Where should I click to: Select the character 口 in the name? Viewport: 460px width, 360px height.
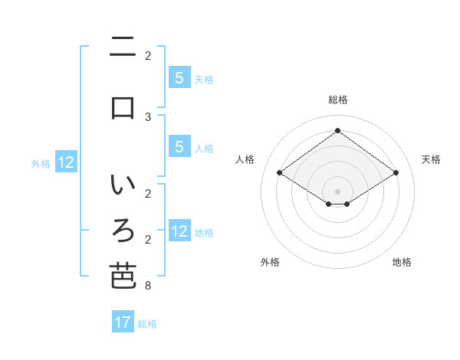click(123, 107)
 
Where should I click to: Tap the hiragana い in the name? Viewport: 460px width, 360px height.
click(123, 186)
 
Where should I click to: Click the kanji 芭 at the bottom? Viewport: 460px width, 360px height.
click(123, 277)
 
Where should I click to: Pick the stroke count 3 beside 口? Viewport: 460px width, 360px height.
click(148, 116)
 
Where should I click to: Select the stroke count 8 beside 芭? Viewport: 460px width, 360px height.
click(148, 286)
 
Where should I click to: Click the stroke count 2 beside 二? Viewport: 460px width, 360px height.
click(148, 56)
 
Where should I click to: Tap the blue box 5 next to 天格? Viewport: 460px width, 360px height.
click(179, 77)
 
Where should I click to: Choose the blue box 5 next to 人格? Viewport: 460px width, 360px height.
click(179, 147)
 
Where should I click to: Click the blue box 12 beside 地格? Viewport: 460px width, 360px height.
click(179, 231)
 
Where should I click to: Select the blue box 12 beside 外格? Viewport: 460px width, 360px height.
click(66, 162)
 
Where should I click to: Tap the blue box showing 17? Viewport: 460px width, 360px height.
click(123, 322)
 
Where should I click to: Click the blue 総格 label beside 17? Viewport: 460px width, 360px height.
click(147, 324)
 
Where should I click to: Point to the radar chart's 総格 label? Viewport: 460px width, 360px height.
click(338, 100)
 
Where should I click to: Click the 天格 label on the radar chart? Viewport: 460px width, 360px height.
click(431, 159)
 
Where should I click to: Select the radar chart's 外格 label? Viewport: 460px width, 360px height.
click(270, 263)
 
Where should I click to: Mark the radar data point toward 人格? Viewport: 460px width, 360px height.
click(280, 173)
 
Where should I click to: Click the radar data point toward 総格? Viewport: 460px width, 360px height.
click(338, 131)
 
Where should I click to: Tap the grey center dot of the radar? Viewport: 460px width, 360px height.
click(338, 191)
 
